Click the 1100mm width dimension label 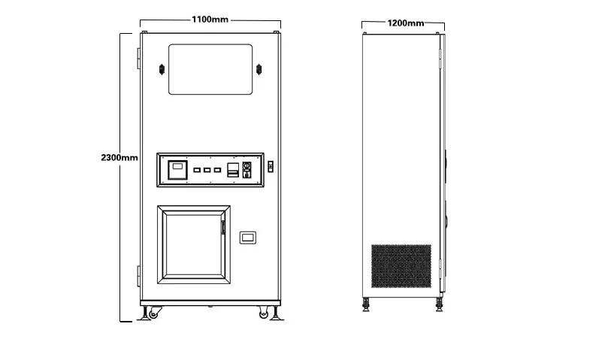(x=210, y=20)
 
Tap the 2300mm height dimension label (x=119, y=158)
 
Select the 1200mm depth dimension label (x=405, y=23)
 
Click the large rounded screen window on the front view (x=210, y=69)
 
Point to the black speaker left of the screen (x=162, y=70)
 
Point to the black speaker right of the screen (x=260, y=70)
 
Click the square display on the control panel (x=176, y=170)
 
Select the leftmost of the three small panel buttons (x=195, y=171)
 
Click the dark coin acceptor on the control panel (x=244, y=170)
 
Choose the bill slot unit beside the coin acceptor (x=232, y=170)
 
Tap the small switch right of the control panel (x=271, y=165)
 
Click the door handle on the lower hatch (x=222, y=225)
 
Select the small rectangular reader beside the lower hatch (x=248, y=238)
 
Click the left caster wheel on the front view (x=155, y=313)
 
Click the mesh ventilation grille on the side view (x=401, y=265)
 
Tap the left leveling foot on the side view (x=367, y=304)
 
